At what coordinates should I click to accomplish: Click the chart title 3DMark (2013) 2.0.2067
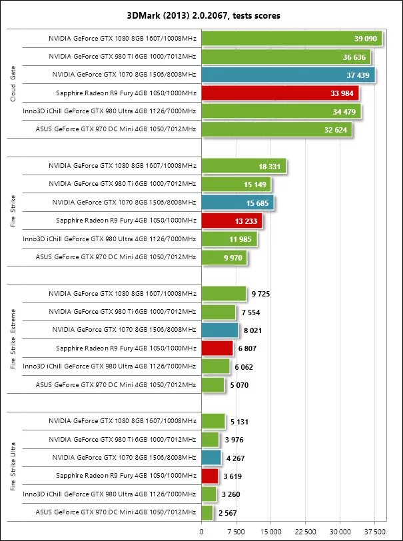[201, 15]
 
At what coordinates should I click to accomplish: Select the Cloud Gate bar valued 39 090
[291, 39]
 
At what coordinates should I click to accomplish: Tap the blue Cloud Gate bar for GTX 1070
[288, 75]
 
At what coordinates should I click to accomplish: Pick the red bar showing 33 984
[280, 93]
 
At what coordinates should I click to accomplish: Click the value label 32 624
[336, 129]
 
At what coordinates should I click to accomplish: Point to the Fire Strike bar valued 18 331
[244, 166]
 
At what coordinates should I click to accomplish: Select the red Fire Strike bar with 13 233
[232, 221]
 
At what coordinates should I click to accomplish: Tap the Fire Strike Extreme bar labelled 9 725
[224, 293]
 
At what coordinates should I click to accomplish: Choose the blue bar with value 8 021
[220, 330]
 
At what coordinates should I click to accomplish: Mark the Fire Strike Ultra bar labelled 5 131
[213, 421]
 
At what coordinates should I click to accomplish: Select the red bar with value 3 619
[210, 476]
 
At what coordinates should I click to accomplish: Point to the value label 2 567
[228, 512]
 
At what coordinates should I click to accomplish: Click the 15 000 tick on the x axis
[270, 531]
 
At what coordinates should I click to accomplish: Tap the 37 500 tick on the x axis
[374, 531]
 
